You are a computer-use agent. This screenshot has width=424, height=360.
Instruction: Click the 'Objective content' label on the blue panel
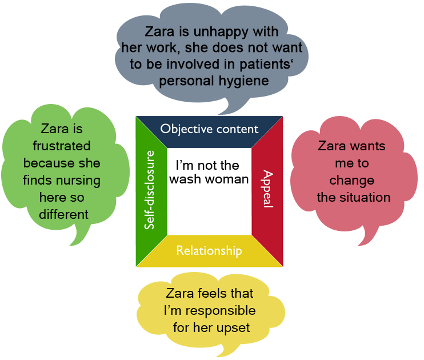pyautogui.click(x=209, y=129)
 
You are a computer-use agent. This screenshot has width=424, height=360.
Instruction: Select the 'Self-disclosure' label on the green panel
pyautogui.click(x=150, y=190)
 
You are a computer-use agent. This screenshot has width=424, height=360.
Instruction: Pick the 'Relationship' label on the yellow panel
pyautogui.click(x=209, y=250)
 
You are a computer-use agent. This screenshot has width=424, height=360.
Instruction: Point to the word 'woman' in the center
pyautogui.click(x=231, y=179)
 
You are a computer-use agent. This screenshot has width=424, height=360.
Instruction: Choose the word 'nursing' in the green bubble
pyautogui.click(x=80, y=181)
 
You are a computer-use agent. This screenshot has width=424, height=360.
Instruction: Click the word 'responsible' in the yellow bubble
pyautogui.click(x=221, y=311)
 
